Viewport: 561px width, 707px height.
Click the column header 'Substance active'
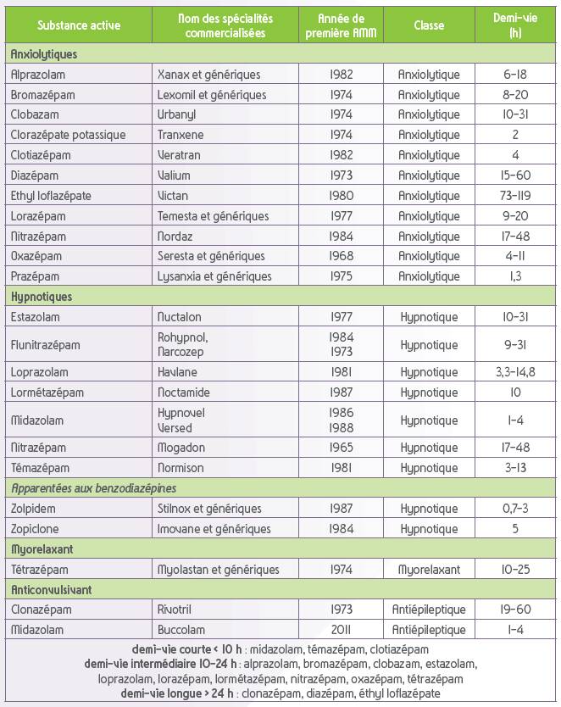tap(79, 25)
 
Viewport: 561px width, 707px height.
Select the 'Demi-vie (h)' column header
tap(515, 25)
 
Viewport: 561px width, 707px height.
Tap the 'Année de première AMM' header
tap(342, 25)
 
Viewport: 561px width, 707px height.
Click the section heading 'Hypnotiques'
tap(42, 297)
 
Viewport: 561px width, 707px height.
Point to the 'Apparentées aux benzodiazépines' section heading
tap(94, 488)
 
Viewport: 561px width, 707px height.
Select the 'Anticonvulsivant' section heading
tap(52, 590)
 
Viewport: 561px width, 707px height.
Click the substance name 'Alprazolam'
tap(38, 75)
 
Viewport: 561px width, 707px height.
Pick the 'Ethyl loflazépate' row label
tap(51, 196)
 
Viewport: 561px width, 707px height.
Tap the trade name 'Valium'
tap(174, 175)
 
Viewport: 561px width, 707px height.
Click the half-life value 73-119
tap(515, 196)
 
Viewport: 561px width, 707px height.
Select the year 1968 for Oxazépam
tap(342, 256)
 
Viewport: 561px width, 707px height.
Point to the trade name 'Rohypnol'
tap(182, 337)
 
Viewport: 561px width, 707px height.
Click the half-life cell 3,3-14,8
tap(515, 372)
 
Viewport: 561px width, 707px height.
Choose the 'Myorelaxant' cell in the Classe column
tap(429, 570)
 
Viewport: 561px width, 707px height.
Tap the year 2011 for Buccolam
tap(342, 630)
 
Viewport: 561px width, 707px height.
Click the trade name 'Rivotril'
tap(175, 610)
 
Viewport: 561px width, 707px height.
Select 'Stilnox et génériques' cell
tap(209, 509)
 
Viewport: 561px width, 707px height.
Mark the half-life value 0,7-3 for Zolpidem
tap(515, 509)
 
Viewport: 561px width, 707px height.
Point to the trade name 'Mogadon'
tap(181, 448)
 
